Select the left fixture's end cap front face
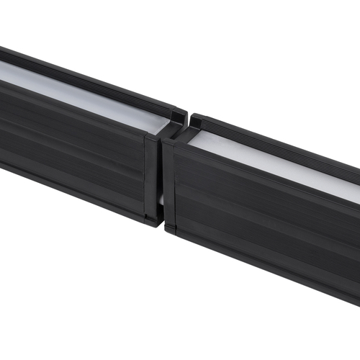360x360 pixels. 152,176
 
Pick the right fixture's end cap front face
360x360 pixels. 169,184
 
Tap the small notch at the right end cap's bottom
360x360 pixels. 171,229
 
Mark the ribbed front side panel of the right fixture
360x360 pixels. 266,216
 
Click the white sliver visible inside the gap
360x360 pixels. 161,198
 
